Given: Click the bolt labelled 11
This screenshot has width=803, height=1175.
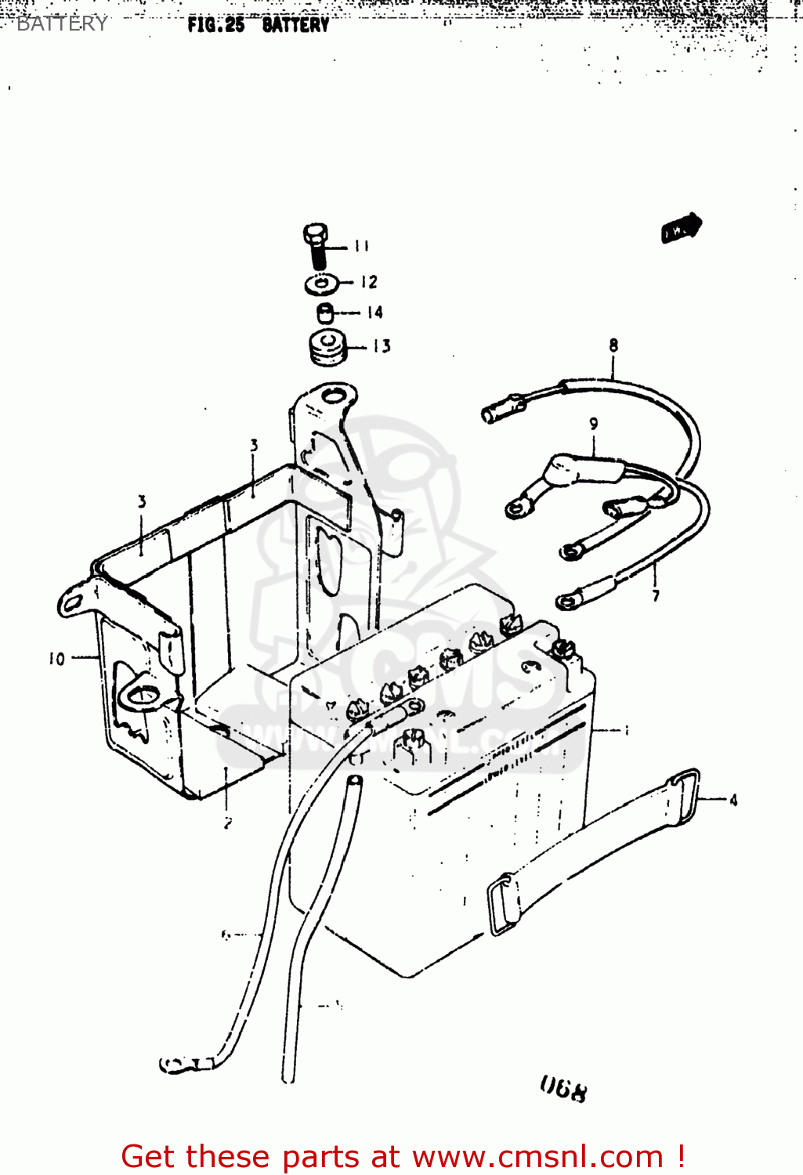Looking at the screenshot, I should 316,245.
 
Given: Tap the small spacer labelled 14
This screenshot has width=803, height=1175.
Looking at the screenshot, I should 326,313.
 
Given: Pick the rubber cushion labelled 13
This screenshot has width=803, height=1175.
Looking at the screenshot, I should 327,347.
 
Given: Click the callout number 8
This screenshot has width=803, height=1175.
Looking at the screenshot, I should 613,345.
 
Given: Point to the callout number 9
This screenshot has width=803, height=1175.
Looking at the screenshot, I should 594,424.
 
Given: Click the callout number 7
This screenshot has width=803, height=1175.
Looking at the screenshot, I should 656,595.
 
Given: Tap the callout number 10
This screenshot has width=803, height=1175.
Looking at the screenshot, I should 56,659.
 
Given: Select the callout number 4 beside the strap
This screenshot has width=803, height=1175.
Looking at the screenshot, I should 733,800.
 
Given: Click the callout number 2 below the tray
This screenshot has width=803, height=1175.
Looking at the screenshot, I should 227,822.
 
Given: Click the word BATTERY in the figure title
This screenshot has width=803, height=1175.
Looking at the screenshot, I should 295,25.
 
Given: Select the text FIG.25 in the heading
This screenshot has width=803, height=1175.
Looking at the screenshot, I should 215,25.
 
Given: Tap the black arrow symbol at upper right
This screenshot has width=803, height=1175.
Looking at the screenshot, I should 681,228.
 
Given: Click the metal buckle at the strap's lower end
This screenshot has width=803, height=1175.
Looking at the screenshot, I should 503,905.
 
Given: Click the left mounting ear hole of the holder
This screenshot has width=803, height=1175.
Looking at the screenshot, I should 73,602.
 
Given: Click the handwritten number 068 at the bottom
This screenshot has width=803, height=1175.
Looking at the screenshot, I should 562,1088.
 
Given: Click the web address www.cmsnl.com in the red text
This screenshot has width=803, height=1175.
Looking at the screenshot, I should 537,1157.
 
